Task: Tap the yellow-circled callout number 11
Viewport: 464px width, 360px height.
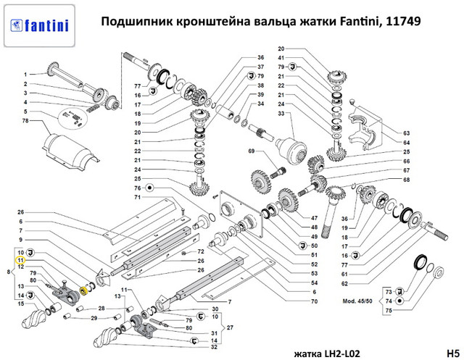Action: tap(21, 259)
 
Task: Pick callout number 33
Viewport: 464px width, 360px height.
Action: tap(281, 113)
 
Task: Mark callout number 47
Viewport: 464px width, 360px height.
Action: tap(314, 218)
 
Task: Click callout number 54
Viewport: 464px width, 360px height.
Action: tap(314, 282)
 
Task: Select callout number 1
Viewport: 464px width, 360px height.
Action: tap(24, 75)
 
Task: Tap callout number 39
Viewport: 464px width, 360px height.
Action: tap(260, 94)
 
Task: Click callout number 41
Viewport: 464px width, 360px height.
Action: tap(281, 57)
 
